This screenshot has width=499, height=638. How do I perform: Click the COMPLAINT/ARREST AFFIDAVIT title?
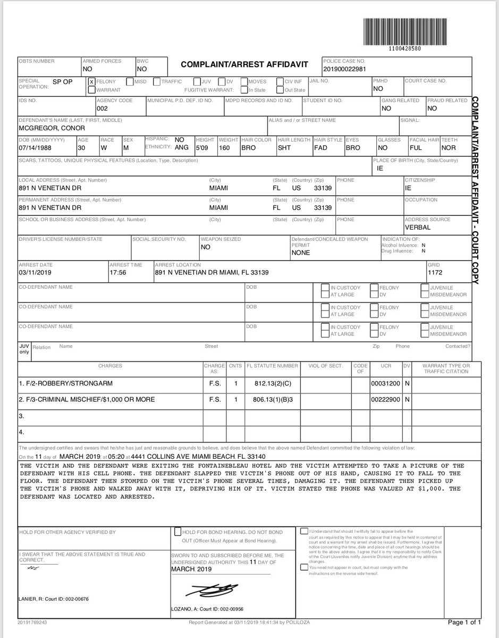[244, 64]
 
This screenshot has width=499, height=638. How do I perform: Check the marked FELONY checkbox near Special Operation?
[91, 82]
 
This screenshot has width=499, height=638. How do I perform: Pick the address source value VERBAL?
[418, 228]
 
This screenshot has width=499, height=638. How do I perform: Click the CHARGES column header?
[110, 366]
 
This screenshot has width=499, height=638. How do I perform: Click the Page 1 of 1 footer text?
[465, 622]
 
